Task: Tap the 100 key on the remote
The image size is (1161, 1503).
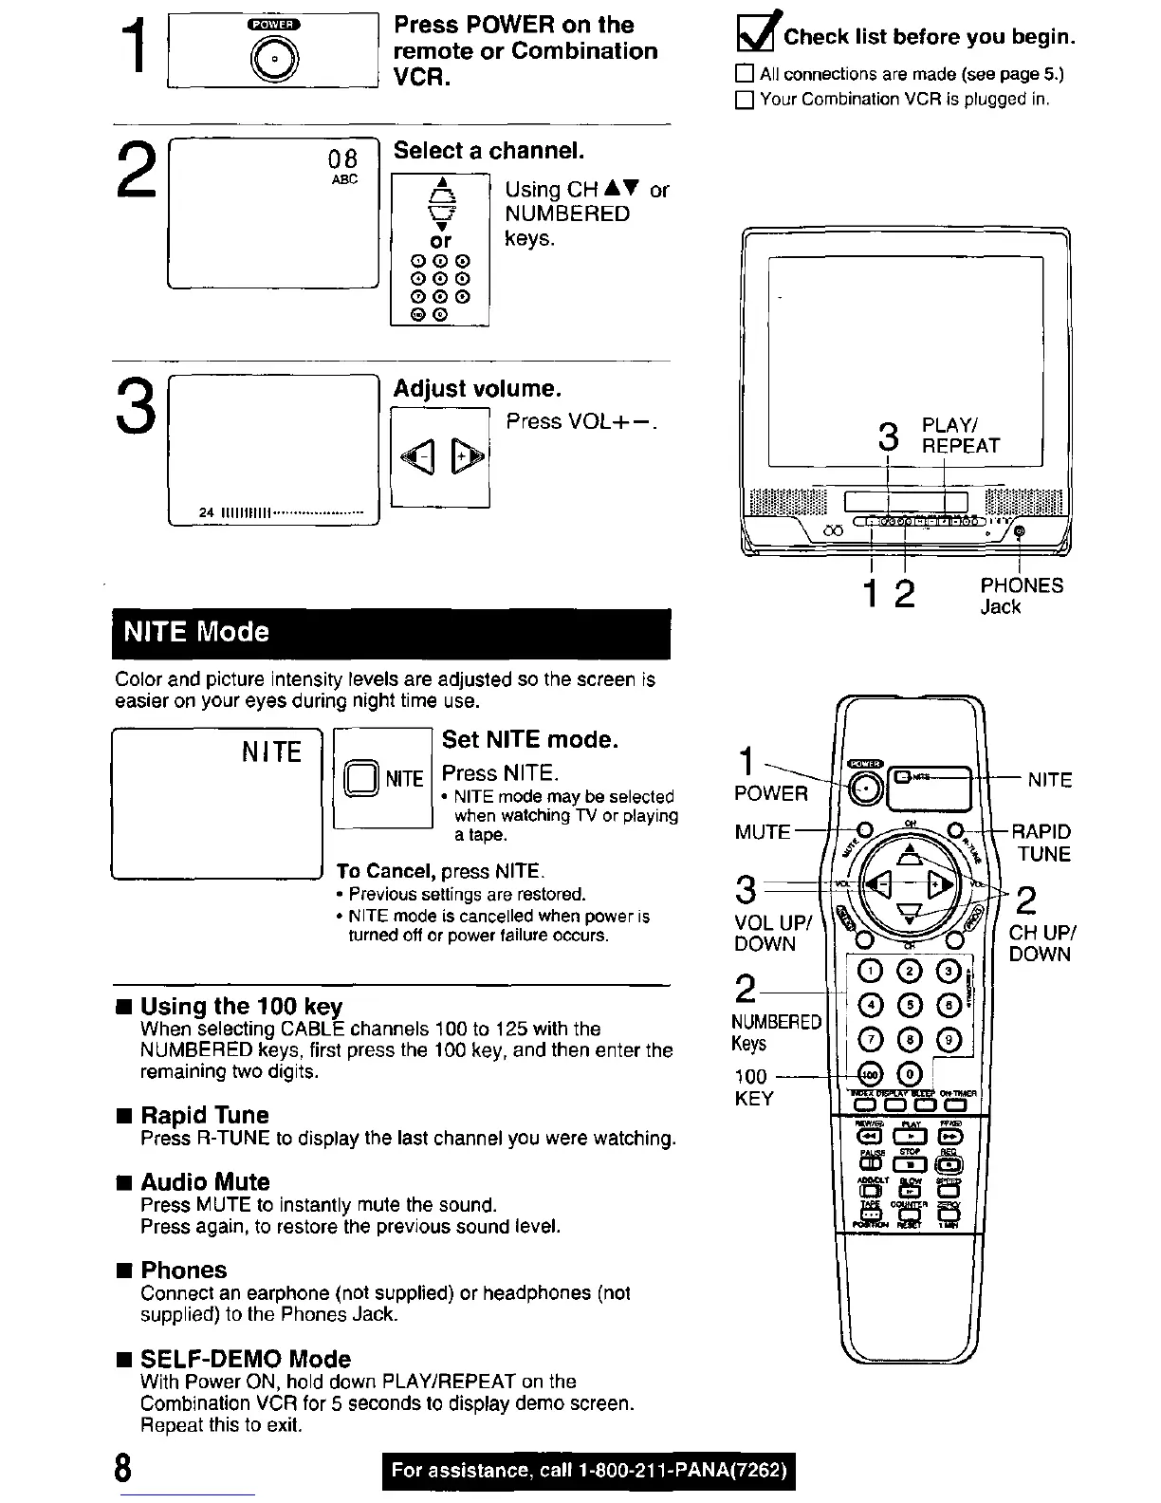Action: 870,1073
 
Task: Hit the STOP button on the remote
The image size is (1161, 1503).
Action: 910,1164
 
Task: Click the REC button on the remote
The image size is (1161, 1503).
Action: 949,1164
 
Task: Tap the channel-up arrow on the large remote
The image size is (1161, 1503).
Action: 910,855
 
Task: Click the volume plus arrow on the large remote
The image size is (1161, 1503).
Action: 940,883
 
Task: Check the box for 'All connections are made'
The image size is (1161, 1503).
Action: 745,74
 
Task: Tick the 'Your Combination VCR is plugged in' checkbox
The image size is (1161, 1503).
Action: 745,100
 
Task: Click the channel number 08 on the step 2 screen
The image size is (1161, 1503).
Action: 342,158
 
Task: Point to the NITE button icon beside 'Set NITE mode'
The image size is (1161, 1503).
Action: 361,778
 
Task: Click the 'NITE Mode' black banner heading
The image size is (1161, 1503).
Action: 391,633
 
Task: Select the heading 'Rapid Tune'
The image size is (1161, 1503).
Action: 204,1115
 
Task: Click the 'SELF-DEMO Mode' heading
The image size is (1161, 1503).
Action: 245,1359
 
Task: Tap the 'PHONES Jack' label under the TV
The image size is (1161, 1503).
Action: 1021,596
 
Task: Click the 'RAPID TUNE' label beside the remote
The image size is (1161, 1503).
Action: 1041,843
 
